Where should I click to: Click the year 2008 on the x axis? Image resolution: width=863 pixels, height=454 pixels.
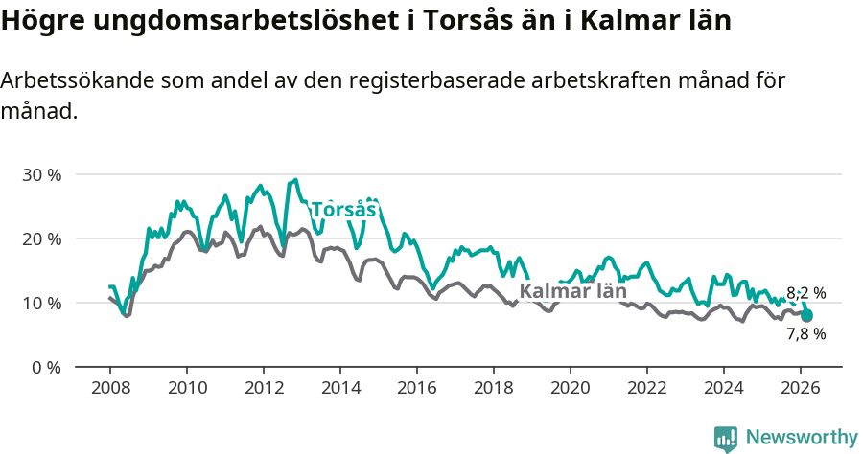[x=109, y=388]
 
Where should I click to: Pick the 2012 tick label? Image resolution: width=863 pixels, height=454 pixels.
[x=263, y=388]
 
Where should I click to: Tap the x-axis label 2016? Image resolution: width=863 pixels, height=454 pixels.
[x=416, y=388]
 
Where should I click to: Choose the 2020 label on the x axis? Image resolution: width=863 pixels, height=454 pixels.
[x=570, y=388]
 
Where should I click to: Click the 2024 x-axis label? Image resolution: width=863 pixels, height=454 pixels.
[x=723, y=388]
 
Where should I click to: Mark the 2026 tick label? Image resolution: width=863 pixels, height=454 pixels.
[x=800, y=388]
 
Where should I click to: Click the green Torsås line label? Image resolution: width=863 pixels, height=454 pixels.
[x=342, y=210]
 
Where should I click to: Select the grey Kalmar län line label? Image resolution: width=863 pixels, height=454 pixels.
[x=572, y=291]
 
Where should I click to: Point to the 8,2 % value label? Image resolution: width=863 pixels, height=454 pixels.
[x=805, y=293]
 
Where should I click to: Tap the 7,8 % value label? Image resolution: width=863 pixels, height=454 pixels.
[x=805, y=334]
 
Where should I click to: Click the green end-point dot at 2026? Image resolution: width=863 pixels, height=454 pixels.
[x=806, y=315]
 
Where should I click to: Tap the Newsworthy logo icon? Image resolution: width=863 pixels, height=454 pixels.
[x=726, y=439]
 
